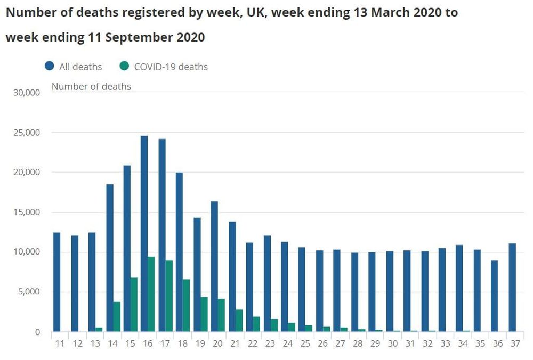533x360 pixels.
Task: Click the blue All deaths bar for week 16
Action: pos(144,234)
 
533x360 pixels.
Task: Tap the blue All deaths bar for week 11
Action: pos(56,282)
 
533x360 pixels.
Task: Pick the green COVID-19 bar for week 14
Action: pos(116,316)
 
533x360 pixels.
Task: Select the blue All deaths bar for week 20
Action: pos(214,266)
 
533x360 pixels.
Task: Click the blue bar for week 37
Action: pos(512,288)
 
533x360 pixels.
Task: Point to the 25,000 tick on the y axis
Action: pos(26,133)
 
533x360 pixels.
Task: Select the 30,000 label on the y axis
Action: pos(26,93)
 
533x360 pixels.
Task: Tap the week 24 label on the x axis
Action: pos(287,344)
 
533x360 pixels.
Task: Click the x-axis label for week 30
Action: pos(392,344)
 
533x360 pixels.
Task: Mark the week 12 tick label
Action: pos(77,344)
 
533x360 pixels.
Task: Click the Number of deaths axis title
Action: pos(91,86)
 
